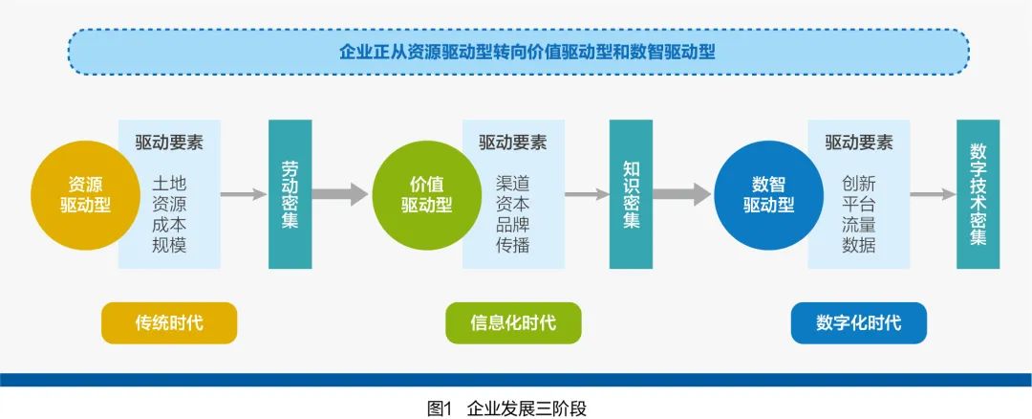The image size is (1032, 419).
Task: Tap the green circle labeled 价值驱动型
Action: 427,195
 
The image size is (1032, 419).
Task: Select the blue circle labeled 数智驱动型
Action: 768,195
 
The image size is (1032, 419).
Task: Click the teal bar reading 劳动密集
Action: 290,194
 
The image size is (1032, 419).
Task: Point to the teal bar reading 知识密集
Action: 632,194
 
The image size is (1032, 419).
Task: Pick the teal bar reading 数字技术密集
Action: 978,194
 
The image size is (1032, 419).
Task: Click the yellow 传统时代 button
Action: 169,322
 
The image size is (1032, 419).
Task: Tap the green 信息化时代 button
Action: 513,322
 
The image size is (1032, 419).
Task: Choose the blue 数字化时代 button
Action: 859,322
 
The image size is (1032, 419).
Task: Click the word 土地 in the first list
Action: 169,183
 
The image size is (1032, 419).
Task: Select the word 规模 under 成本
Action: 169,245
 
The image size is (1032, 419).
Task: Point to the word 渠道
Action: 513,183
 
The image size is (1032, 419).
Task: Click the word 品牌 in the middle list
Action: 513,225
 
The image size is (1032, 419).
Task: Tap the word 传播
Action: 513,245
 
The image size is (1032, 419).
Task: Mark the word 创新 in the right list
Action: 858,183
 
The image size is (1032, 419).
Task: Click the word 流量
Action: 858,225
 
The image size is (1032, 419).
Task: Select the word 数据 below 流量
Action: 858,245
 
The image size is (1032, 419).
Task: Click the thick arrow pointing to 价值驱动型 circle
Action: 339,194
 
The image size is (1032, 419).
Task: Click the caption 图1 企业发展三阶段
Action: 506,408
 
